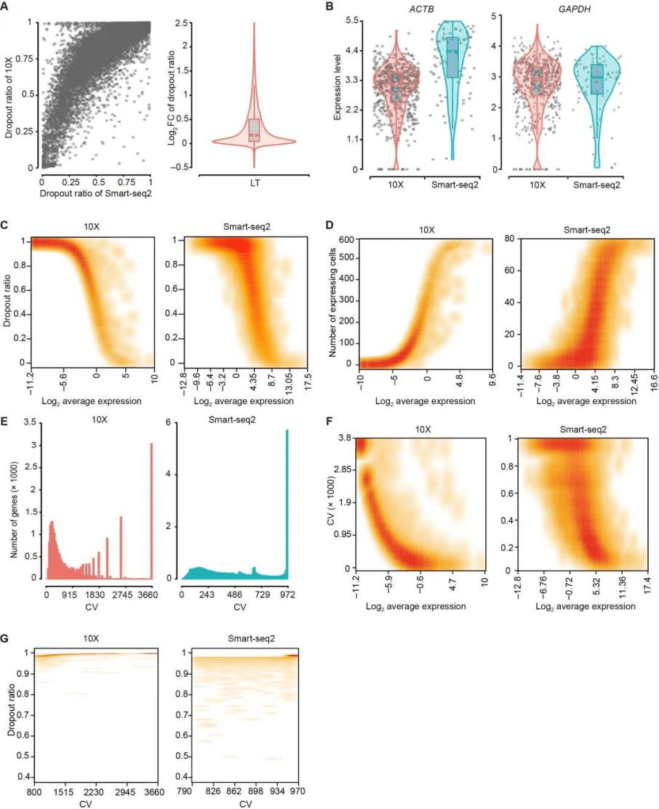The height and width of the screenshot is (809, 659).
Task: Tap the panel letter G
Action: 5,639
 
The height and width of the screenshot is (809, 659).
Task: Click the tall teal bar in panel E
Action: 287,515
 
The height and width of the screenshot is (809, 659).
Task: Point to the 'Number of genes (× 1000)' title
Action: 15,509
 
